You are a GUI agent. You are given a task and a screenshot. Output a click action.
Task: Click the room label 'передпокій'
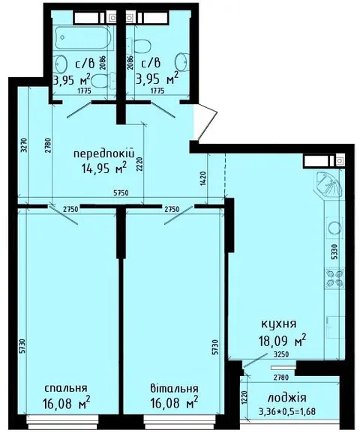coord(104,154)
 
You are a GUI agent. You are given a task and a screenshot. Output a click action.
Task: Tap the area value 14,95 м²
coord(104,168)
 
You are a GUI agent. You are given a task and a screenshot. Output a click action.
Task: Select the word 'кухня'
coord(279,324)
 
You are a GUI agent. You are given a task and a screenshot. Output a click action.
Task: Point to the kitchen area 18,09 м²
coord(282,340)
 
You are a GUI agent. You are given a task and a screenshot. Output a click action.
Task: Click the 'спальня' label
coord(66,388)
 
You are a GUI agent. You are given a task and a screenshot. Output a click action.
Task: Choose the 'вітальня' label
coord(174,388)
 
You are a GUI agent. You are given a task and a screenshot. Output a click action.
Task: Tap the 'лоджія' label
coord(286,399)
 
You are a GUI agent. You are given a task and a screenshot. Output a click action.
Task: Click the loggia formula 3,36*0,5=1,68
coord(286,411)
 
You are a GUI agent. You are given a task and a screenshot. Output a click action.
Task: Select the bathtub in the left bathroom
coord(83,37)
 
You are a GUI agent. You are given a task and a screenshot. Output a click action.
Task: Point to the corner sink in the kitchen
coord(328,183)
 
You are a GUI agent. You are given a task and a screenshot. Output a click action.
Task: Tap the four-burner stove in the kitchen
coord(334,279)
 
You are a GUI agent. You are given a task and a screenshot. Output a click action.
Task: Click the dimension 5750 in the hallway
coord(121,193)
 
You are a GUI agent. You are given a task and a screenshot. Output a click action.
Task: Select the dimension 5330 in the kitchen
coord(334,252)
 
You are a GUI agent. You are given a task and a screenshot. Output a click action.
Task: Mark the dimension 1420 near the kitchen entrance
coord(202,179)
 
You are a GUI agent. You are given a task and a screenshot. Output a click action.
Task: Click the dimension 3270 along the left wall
coord(23,145)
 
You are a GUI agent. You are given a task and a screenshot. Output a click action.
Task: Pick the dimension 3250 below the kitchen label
coord(280,354)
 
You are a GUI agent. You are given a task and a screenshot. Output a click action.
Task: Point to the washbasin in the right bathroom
coord(181,61)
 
